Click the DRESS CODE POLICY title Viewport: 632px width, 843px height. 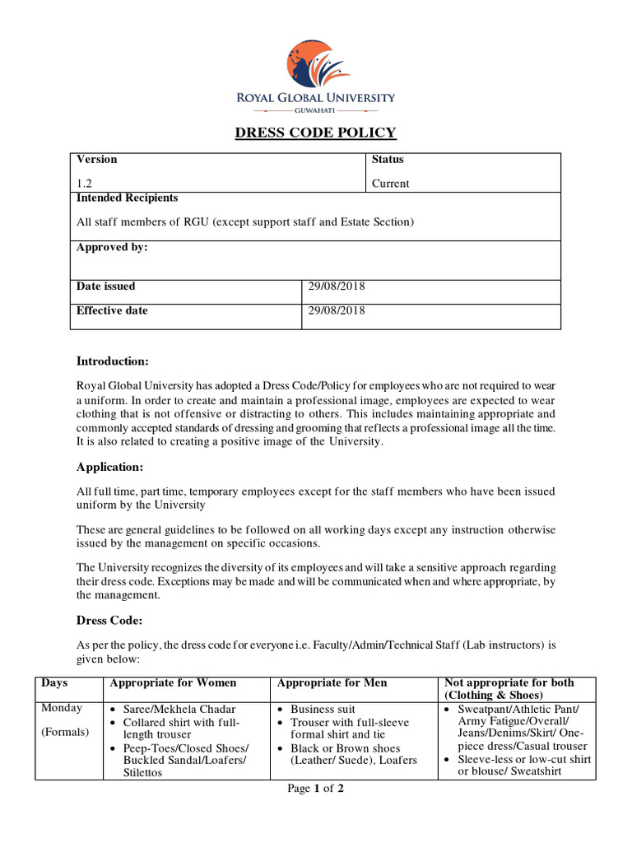pyautogui.click(x=316, y=133)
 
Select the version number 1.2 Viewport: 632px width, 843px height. pyautogui.click(x=84, y=184)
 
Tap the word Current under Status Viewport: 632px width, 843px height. pyautogui.click(x=390, y=184)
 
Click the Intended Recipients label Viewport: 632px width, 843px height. pyautogui.click(x=127, y=198)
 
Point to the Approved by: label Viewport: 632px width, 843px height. pyautogui.click(x=112, y=248)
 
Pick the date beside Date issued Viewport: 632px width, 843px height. pyautogui.click(x=336, y=286)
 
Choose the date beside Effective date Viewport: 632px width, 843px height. pyautogui.click(x=336, y=311)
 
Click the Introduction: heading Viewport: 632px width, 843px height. pyautogui.click(x=113, y=361)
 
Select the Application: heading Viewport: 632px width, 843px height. pyautogui.click(x=109, y=468)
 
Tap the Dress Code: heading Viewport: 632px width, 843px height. pyautogui.click(x=109, y=621)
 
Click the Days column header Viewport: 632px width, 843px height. pyautogui.click(x=54, y=683)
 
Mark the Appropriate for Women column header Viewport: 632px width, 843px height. pyautogui.click(x=173, y=683)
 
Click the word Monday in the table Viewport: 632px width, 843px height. pyautogui.click(x=62, y=709)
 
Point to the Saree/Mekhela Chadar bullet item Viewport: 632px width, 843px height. pyautogui.click(x=179, y=710)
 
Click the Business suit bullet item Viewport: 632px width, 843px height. pyautogui.click(x=323, y=710)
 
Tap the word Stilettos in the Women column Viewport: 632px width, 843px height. pyautogui.click(x=142, y=773)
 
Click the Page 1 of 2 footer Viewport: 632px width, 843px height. pyautogui.click(x=315, y=789)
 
